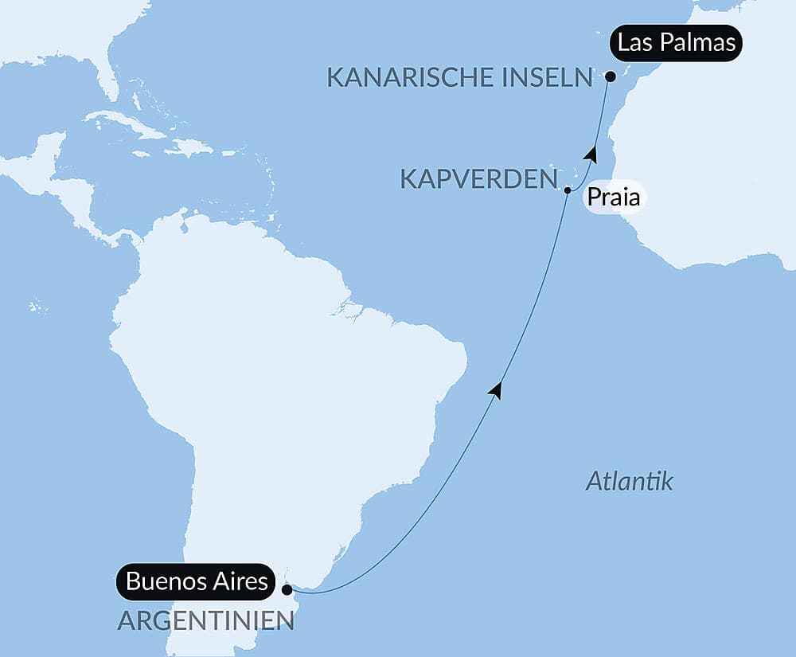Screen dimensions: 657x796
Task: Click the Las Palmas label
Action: pos(677,43)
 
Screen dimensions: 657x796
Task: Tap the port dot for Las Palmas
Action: pos(610,77)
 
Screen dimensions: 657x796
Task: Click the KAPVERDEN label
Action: pos(477,179)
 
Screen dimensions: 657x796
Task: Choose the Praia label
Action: pos(613,197)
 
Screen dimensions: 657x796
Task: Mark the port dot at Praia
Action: pos(568,190)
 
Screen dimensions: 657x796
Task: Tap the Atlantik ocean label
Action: pos(629,481)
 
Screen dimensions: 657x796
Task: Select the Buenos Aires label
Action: pos(197,581)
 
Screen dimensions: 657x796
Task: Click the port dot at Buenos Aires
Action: pos(287,590)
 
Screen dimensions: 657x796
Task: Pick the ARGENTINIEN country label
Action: pos(205,620)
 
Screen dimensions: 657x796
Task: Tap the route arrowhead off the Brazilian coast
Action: pos(497,389)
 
